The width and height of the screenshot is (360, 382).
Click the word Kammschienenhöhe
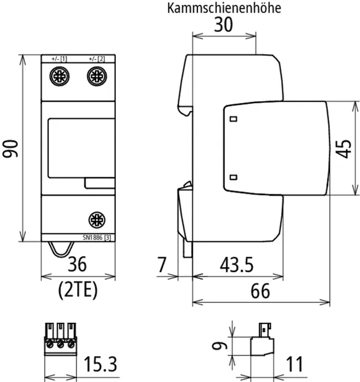point(224,8)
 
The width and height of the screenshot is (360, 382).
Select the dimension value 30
point(223,24)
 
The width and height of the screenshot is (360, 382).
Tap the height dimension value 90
point(10,149)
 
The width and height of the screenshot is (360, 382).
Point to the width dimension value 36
point(77,264)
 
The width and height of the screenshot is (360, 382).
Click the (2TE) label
point(78,289)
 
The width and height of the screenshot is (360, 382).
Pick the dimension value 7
point(162,265)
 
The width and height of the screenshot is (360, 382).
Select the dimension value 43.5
point(237,265)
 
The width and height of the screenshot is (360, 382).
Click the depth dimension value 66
point(260,291)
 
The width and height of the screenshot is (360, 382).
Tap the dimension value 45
point(343,149)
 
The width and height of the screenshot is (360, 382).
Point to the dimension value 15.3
point(100,364)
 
